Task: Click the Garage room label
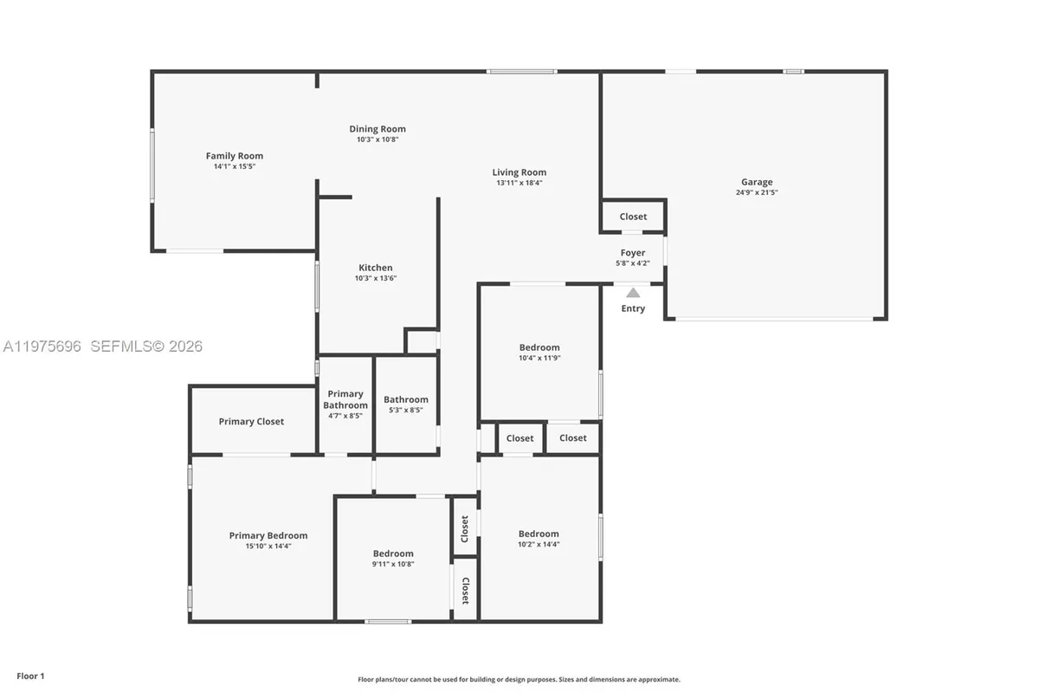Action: point(756,182)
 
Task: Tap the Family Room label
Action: point(234,156)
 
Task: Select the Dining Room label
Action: point(377,129)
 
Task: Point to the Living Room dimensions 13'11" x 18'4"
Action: point(519,183)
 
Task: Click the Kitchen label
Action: point(376,268)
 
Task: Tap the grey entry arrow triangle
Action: point(633,293)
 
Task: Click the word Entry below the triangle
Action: point(633,308)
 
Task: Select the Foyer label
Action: point(632,253)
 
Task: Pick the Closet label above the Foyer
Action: point(633,217)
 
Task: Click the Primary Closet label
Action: point(251,421)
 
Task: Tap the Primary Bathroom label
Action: point(345,399)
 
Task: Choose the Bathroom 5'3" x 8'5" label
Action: point(406,399)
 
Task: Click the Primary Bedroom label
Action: point(268,535)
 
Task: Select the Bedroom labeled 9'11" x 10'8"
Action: point(393,554)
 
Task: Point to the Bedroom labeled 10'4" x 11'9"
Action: point(539,347)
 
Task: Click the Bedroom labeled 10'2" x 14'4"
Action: point(539,534)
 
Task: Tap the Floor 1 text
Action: point(30,676)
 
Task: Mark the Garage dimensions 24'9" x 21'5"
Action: point(756,192)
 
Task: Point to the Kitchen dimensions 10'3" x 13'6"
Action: point(376,278)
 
